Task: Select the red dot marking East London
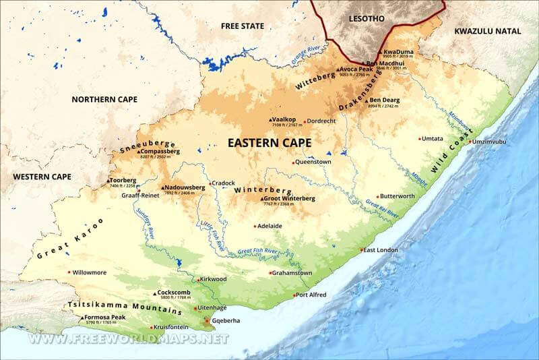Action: [362, 250]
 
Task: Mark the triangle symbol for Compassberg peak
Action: [138, 152]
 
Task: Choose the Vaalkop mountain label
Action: [286, 119]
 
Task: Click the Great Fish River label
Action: [257, 251]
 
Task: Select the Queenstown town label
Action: [314, 162]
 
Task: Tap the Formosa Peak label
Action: [106, 317]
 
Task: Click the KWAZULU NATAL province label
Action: [488, 31]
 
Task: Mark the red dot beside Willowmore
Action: [69, 272]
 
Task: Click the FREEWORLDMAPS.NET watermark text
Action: [128, 338]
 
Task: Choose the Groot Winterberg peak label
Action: [290, 198]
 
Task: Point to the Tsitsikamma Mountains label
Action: [125, 307]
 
